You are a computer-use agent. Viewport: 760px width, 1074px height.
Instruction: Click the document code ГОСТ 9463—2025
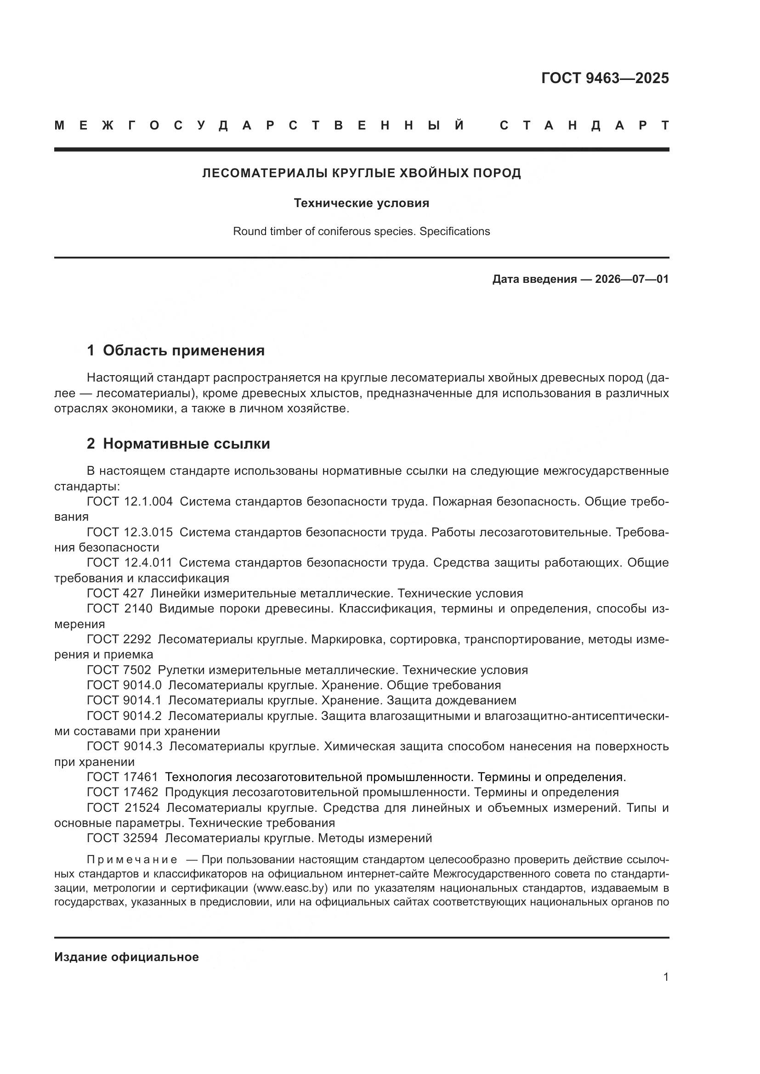click(x=605, y=78)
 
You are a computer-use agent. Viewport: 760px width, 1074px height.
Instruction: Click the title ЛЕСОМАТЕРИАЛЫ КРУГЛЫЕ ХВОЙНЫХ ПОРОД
click(x=361, y=173)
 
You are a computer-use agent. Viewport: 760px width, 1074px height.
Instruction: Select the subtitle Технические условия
click(x=361, y=203)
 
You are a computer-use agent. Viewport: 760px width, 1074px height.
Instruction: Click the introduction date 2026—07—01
click(x=631, y=279)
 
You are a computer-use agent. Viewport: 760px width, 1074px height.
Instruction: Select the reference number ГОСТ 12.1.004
click(x=130, y=501)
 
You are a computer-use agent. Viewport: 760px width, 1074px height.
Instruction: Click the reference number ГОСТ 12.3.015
click(x=130, y=532)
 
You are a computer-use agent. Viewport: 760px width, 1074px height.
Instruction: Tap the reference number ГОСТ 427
click(x=115, y=593)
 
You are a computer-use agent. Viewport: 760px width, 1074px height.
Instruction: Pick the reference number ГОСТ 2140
click(x=119, y=608)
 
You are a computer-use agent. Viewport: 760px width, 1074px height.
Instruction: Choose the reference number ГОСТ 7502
click(x=119, y=670)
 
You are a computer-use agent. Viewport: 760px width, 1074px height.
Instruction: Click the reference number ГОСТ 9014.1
click(x=124, y=700)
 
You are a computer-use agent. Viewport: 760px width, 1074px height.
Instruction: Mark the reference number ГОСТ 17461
click(x=123, y=777)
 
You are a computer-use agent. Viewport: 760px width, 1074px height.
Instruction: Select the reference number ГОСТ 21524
click(x=123, y=808)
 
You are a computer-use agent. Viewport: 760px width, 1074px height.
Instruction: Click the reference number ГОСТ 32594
click(x=123, y=838)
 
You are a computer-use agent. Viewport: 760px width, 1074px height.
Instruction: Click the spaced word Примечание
click(x=132, y=860)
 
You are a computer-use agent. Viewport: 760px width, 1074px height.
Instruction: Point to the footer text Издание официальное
click(x=126, y=957)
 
